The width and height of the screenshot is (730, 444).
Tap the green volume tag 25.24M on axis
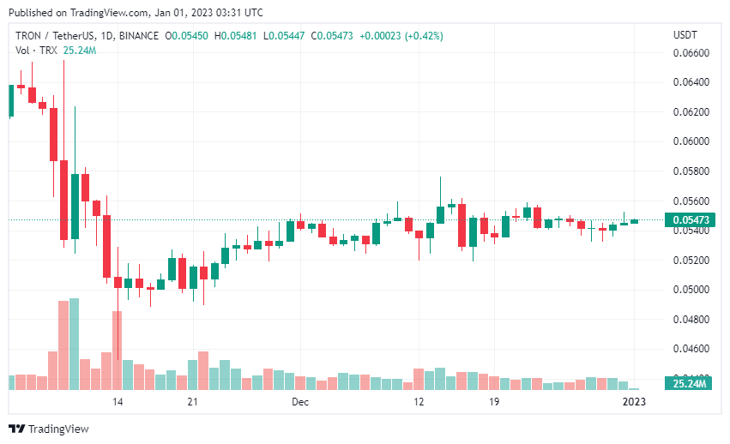pyautogui.click(x=689, y=384)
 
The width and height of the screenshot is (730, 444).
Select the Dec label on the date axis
pyautogui.click(x=299, y=401)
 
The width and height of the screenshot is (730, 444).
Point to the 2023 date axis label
pyautogui.click(x=633, y=401)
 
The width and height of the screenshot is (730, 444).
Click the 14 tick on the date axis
pyautogui.click(x=118, y=401)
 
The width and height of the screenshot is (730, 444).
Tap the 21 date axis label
pyautogui.click(x=193, y=401)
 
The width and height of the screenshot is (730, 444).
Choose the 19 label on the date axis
pyautogui.click(x=494, y=401)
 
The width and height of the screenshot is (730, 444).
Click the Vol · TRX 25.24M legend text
pyautogui.click(x=56, y=51)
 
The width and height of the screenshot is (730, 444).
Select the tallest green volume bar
pyautogui.click(x=74, y=344)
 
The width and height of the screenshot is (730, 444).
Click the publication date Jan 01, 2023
pyautogui.click(x=185, y=13)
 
